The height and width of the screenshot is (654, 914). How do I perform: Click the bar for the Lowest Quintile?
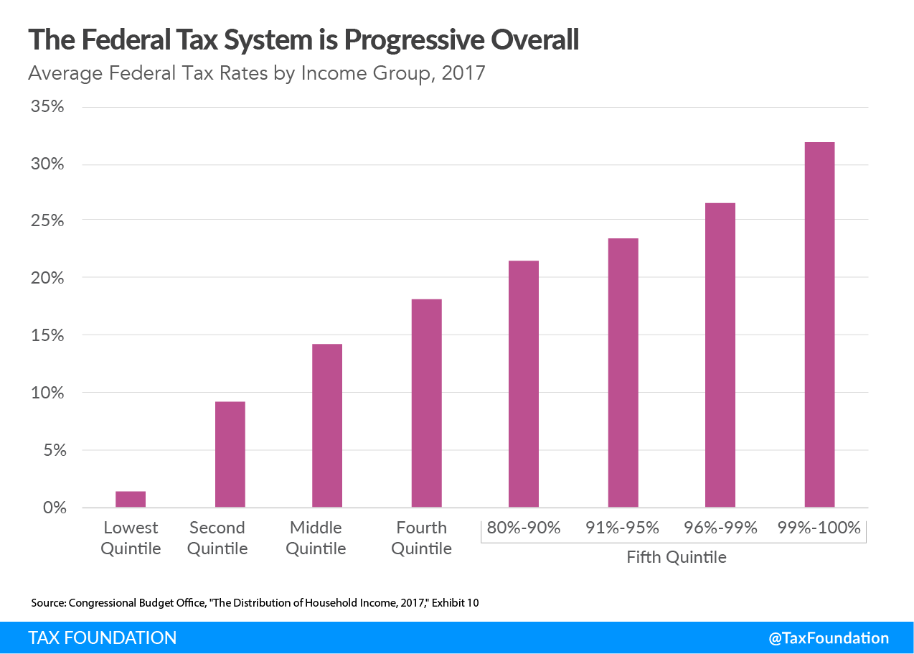point(131,500)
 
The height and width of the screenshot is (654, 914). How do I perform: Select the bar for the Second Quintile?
point(230,454)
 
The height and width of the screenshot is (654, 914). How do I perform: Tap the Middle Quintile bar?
point(327,426)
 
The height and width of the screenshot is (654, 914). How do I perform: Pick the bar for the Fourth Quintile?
point(426,403)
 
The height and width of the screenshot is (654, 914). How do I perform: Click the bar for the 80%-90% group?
point(524,384)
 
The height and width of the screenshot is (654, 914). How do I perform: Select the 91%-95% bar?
point(623,373)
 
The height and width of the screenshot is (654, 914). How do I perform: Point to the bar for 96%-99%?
point(720,355)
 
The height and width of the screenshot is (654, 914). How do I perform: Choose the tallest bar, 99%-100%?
point(819,325)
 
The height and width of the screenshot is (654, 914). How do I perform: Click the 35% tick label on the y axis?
point(48,107)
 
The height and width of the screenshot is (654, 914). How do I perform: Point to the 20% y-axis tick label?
point(48,279)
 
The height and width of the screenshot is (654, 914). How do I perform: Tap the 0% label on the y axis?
point(53,508)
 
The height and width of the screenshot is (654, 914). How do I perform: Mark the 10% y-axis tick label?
point(48,393)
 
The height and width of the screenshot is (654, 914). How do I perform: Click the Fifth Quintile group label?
point(676,557)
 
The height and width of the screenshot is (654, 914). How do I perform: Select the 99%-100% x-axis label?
point(819,528)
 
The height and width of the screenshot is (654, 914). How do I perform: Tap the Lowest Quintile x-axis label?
point(131,538)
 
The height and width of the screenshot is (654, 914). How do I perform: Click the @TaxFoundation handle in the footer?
point(829,638)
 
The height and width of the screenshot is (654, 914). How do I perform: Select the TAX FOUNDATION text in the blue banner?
point(103,638)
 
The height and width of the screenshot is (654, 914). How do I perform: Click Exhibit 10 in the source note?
point(454,603)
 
